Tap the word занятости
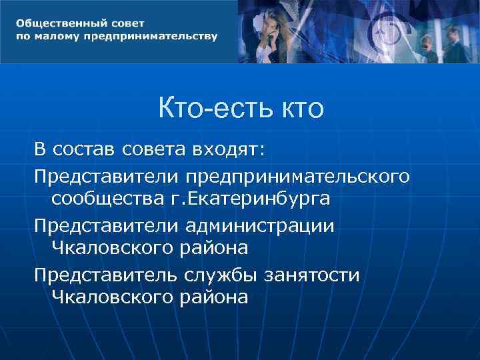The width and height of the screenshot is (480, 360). [x=313, y=275]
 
